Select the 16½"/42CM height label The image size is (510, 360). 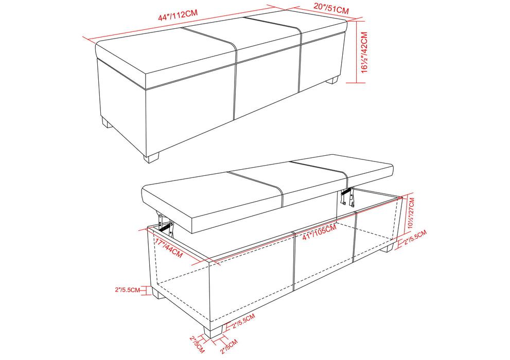click(365, 52)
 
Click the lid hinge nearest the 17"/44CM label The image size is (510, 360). click(164, 222)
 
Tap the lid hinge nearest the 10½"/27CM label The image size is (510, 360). click(348, 197)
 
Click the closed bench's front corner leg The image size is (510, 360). click(151, 156)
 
